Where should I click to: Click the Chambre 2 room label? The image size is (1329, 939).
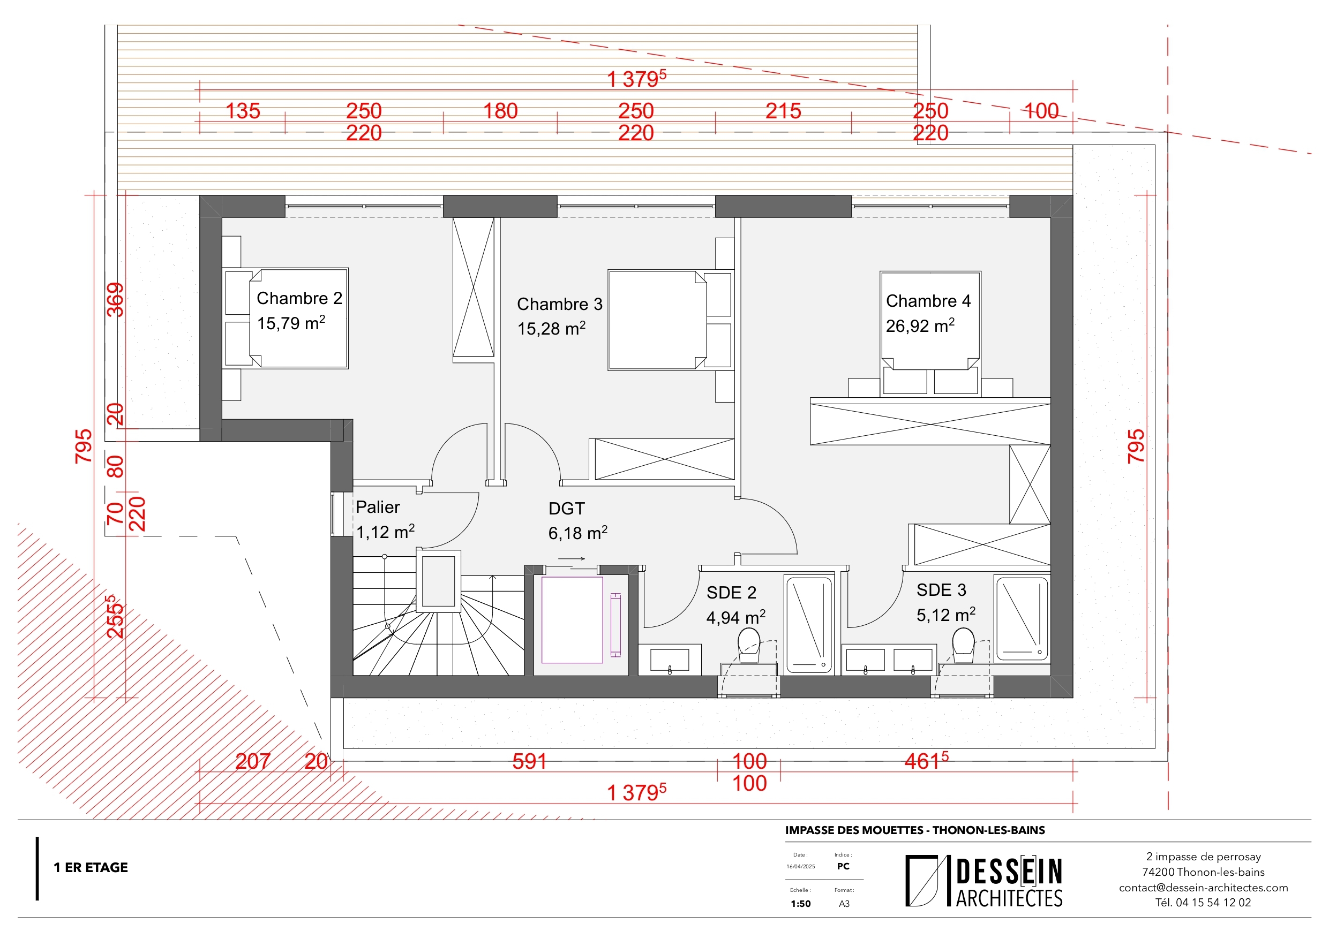click(299, 298)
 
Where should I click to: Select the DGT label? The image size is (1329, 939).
click(566, 509)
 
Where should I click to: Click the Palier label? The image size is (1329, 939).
click(378, 507)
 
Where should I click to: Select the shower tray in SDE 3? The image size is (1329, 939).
click(1022, 618)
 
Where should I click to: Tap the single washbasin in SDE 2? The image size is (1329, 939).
click(669, 660)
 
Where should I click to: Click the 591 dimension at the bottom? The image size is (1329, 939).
click(529, 761)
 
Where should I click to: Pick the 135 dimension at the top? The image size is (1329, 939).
click(243, 111)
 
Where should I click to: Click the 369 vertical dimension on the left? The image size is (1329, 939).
click(116, 299)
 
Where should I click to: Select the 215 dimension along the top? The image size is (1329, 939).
click(783, 111)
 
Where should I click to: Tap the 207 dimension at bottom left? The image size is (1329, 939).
click(252, 761)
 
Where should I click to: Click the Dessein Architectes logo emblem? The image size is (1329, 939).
click(921, 880)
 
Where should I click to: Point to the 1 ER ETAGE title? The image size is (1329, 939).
click(91, 867)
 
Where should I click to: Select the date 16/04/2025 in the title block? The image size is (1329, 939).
click(800, 867)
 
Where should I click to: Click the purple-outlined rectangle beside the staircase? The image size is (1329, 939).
click(572, 619)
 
